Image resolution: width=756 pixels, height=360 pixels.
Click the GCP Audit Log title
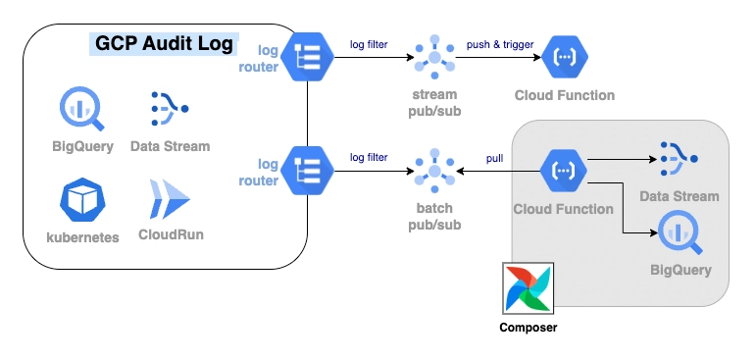164,44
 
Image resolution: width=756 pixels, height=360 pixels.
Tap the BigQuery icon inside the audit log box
76,109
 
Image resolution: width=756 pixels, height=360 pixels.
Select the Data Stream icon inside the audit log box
170,109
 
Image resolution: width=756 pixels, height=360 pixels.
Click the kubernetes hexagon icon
82,199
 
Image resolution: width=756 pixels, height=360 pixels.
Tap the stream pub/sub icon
434,58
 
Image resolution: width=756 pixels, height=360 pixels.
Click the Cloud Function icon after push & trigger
565,58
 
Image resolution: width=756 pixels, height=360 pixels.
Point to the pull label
495,158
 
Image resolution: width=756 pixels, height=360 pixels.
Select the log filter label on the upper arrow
369,44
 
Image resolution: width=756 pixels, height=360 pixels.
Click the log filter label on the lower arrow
369,157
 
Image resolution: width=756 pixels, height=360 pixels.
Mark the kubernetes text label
82,236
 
